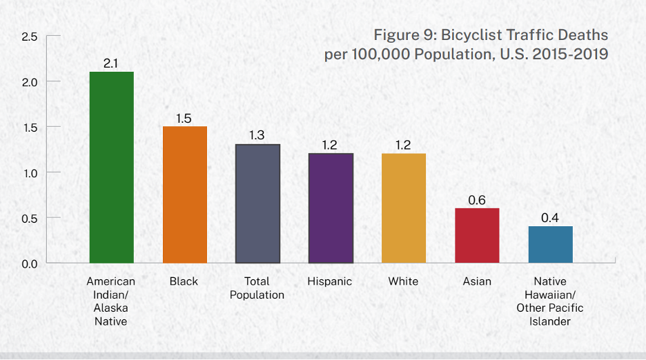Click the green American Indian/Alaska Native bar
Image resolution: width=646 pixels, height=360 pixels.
pyautogui.click(x=111, y=167)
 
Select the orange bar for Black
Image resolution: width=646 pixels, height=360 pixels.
pyautogui.click(x=184, y=194)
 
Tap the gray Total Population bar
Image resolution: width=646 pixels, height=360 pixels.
pyautogui.click(x=257, y=203)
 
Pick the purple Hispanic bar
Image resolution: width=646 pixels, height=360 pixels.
pyautogui.click(x=331, y=208)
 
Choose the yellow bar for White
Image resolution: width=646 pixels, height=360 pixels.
pyautogui.click(x=404, y=208)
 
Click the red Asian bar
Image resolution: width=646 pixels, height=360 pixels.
pyautogui.click(x=477, y=235)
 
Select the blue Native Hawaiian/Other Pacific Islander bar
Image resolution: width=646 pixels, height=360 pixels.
pyautogui.click(x=550, y=244)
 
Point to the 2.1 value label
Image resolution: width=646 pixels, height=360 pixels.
pyautogui.click(x=111, y=63)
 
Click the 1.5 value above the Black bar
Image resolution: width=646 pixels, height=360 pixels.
pyautogui.click(x=184, y=118)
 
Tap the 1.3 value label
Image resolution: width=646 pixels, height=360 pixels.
pyautogui.click(x=257, y=135)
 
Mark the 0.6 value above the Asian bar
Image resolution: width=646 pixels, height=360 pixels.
pyautogui.click(x=477, y=200)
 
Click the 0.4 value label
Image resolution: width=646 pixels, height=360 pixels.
pyautogui.click(x=550, y=218)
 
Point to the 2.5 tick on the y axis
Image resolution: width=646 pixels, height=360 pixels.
pyautogui.click(x=30, y=37)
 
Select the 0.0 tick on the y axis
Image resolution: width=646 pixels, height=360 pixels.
pyautogui.click(x=30, y=263)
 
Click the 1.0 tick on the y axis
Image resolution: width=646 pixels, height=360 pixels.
pyautogui.click(x=30, y=172)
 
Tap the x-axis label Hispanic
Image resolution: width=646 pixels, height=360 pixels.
pyautogui.click(x=330, y=281)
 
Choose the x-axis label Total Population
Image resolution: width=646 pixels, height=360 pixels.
pyautogui.click(x=257, y=288)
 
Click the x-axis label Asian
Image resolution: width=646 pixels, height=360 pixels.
pyautogui.click(x=477, y=281)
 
